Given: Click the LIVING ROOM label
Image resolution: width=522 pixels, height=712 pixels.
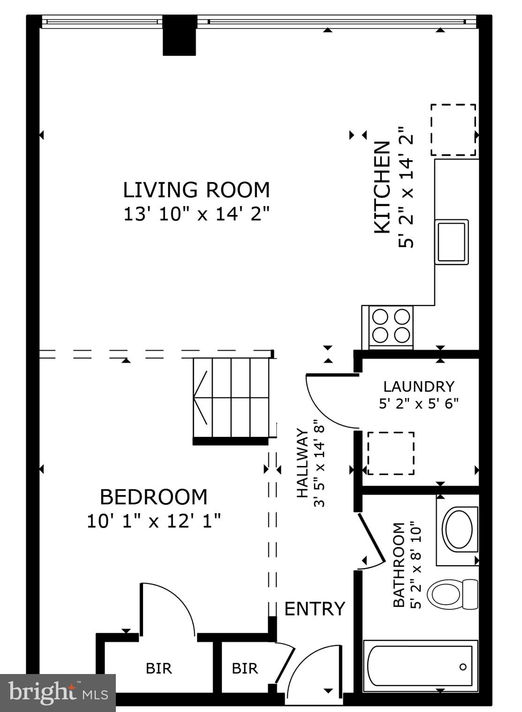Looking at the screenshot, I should pos(196,190).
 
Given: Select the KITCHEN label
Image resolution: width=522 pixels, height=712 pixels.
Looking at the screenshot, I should pos(382,187).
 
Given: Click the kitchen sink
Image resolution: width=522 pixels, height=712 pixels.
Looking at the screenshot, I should pos(452,242).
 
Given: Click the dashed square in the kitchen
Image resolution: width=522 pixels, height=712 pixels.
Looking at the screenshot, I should pos(453,130).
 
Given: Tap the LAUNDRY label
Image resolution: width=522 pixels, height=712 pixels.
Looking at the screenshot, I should pos(418,387).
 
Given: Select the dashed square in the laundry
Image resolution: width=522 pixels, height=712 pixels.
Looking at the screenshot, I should pos(391,453).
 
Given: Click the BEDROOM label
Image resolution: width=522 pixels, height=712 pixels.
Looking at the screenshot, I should pos(153,497).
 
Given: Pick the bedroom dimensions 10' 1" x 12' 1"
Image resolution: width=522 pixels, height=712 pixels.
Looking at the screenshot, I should pos(153,521).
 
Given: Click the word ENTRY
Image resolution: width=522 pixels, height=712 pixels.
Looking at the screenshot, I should pos(315,609).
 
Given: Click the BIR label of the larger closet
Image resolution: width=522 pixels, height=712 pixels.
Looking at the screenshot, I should pos(159,668).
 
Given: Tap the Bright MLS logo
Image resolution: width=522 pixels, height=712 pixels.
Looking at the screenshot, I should pos(58,692).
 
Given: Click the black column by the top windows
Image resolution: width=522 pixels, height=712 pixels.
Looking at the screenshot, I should pos(179,36).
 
